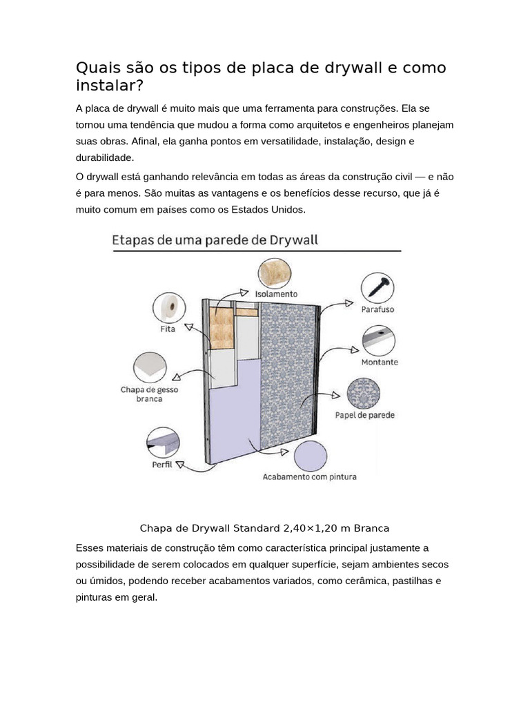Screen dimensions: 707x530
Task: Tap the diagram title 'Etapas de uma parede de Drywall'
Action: coord(215,240)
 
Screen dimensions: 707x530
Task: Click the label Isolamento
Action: coord(277,293)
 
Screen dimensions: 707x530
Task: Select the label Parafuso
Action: coord(377,310)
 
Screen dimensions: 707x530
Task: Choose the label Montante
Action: coord(380,362)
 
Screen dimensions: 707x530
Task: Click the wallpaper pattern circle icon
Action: coord(364,394)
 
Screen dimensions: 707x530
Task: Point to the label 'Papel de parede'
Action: coord(365,416)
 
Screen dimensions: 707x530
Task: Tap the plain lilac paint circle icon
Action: coord(310,456)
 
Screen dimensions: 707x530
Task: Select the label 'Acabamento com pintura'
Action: coord(310,476)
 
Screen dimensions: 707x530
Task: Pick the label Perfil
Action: coord(162,465)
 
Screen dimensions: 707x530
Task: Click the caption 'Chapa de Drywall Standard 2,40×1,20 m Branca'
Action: coord(264,528)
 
